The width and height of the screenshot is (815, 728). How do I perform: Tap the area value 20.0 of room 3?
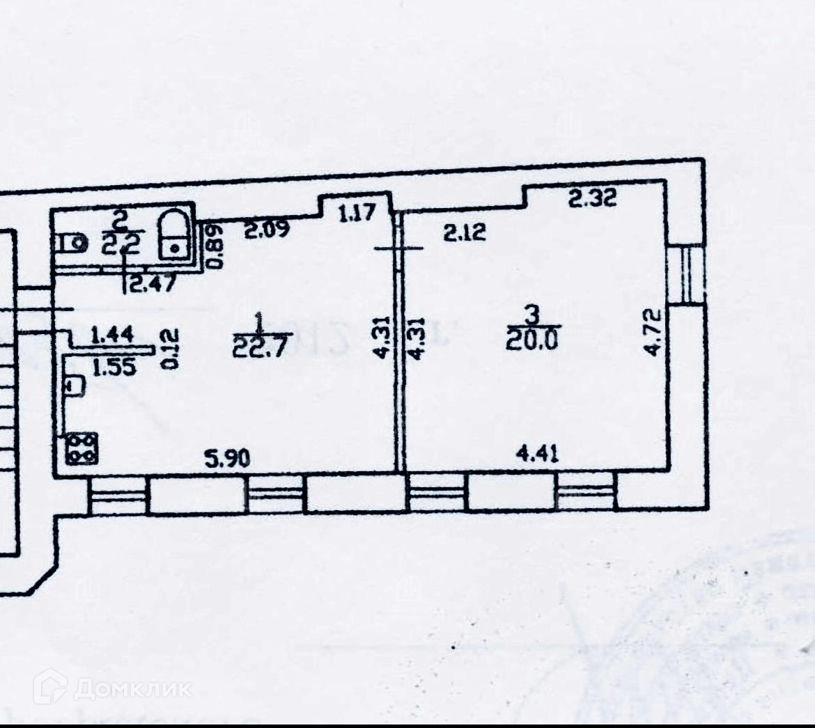pos(532,340)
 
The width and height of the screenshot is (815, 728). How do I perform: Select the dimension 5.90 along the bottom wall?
pos(226,458)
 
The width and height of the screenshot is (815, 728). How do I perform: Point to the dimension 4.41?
pos(536,454)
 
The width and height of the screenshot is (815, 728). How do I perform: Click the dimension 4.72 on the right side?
pos(651,333)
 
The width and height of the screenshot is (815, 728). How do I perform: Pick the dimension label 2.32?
pos(592,200)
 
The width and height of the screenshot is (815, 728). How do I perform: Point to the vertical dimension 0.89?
pos(217,245)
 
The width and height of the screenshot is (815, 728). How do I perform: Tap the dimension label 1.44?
pos(112,335)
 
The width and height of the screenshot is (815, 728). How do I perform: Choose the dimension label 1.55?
pos(114,367)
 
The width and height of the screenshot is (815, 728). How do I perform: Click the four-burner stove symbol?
pos(81,448)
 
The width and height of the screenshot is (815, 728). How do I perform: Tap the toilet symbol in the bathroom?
pos(72,243)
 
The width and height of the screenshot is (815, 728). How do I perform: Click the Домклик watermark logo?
pos(113,688)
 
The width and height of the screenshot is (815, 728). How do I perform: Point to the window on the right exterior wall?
pos(685,274)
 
